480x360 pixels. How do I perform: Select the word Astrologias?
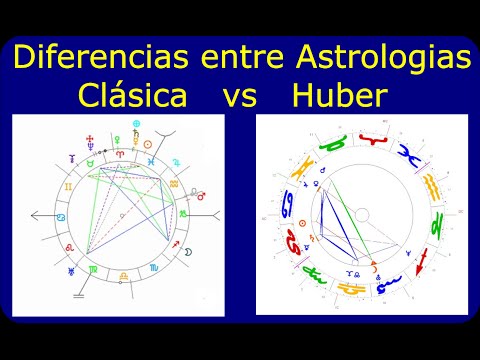(385, 58)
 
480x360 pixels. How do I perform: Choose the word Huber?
(340, 97)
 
